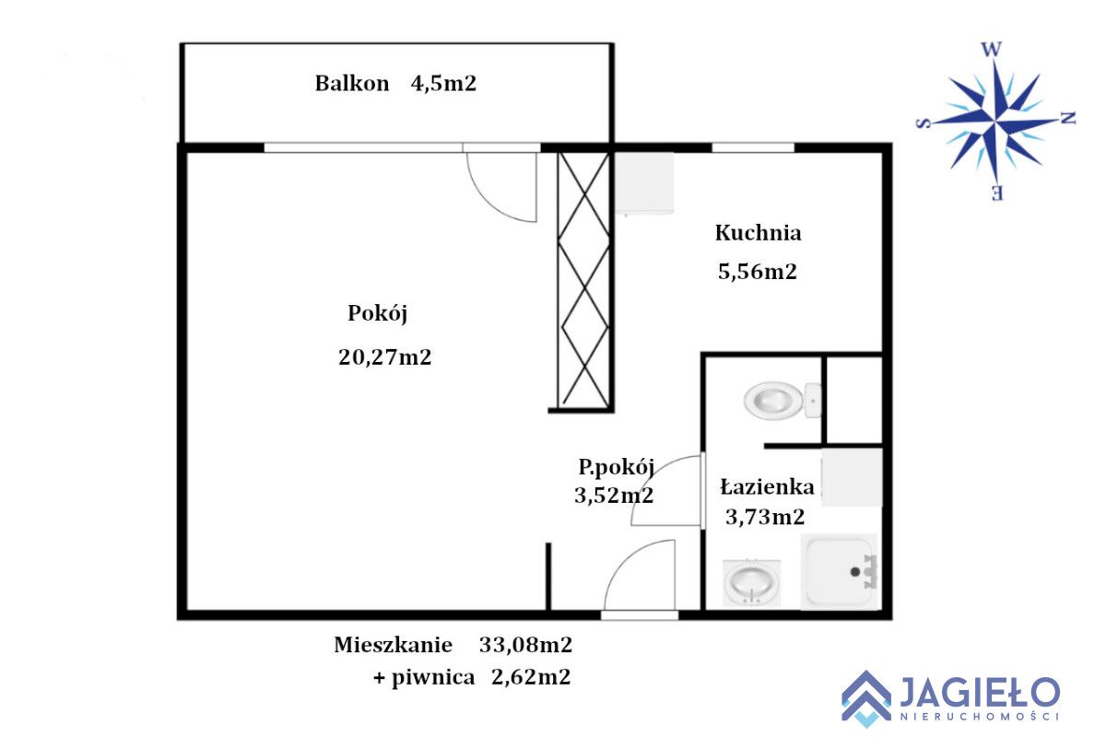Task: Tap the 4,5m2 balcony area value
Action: click(443, 84)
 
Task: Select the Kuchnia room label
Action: click(758, 233)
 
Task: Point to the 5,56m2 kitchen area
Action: click(757, 272)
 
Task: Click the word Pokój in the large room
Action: click(377, 313)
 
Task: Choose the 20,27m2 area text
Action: click(384, 357)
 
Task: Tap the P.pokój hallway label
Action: click(617, 468)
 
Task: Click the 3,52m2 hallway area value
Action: click(614, 496)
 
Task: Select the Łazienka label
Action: click(767, 487)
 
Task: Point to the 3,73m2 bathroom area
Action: click(764, 518)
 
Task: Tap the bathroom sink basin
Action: click(752, 582)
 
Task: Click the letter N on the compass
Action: click(1068, 118)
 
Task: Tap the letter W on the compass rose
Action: click(991, 49)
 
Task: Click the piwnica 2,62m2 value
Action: click(531, 678)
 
